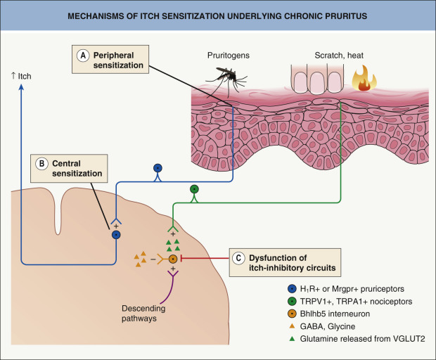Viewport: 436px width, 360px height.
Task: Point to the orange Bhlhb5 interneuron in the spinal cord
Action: [172, 259]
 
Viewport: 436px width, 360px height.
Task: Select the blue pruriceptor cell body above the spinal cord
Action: [158, 168]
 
